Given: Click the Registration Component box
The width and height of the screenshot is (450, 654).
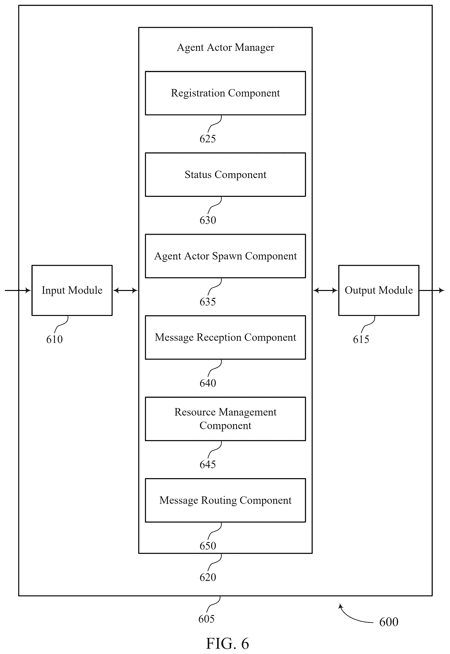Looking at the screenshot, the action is [225, 93].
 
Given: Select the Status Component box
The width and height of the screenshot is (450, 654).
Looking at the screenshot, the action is [225, 174].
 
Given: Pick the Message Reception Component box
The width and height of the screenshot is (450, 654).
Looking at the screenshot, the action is [225, 337].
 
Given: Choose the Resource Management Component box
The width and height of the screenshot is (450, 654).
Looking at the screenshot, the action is [225, 419].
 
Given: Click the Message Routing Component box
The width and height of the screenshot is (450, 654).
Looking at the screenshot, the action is [225, 500].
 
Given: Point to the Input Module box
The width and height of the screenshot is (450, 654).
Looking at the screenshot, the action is [72, 290].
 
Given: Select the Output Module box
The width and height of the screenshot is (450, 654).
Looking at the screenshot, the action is [379, 290].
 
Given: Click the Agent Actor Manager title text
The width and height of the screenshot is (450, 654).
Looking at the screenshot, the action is [226, 47].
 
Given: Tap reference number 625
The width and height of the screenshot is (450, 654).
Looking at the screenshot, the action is [208, 139].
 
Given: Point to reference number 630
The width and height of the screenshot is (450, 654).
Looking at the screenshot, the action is [208, 220].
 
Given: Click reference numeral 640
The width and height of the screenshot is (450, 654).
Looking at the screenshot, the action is [208, 383].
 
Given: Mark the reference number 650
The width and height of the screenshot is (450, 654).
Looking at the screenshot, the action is [208, 546].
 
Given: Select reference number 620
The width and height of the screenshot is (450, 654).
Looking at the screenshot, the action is [208, 577].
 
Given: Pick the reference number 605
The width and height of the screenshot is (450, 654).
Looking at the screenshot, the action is [206, 619].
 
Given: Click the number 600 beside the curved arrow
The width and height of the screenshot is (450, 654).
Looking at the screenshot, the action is [389, 622].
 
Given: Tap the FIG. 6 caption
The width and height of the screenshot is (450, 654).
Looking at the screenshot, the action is [227, 644].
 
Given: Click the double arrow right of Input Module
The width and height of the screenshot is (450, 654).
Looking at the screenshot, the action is [126, 290].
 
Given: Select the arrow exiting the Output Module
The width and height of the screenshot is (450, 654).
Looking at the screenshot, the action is [432, 290].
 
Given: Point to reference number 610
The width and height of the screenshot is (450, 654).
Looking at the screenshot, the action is [54, 339].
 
